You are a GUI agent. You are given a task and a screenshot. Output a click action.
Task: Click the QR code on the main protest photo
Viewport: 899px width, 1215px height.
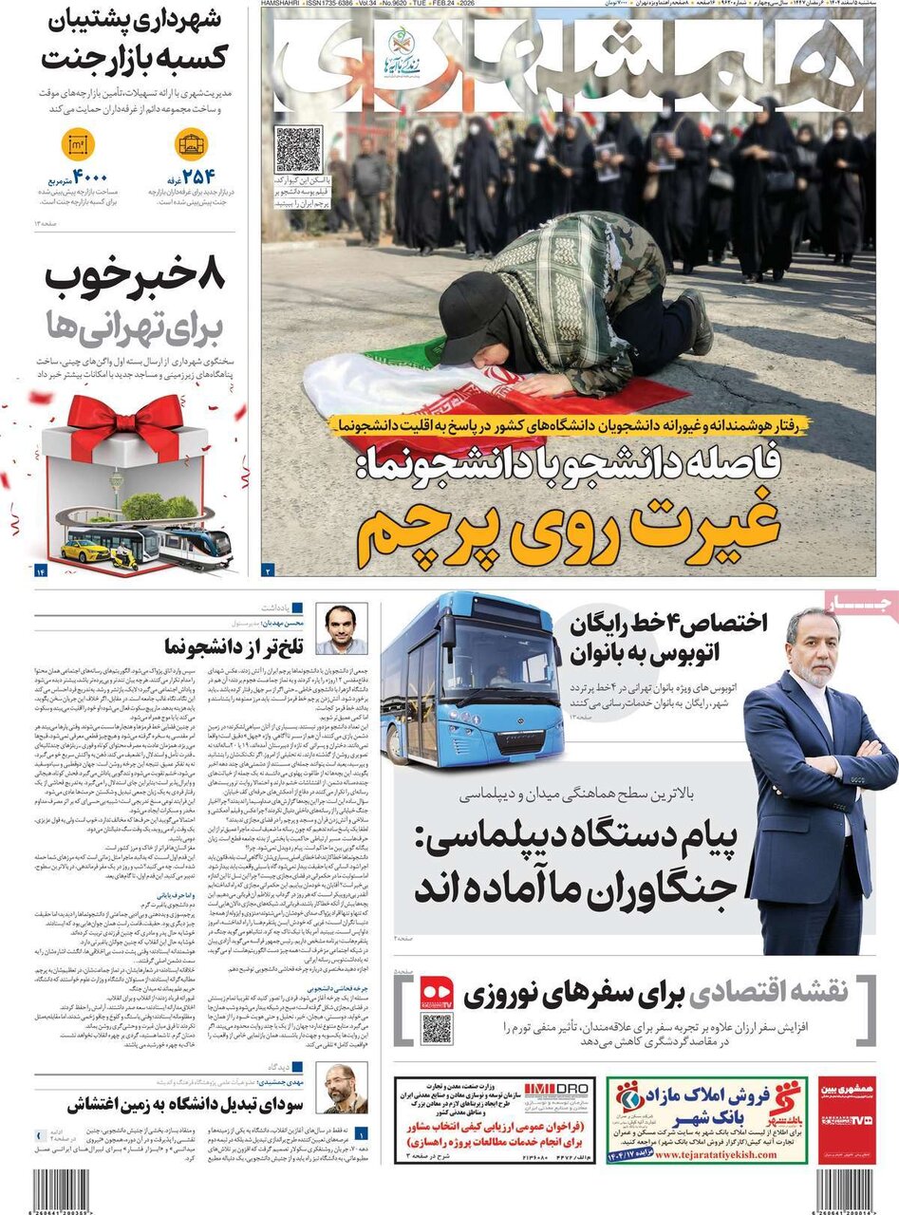pos(299,149)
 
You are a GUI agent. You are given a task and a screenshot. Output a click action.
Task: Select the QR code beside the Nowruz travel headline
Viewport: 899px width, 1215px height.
pos(437,1029)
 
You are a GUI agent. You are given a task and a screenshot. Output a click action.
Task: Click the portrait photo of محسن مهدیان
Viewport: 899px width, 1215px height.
pos(341,628)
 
